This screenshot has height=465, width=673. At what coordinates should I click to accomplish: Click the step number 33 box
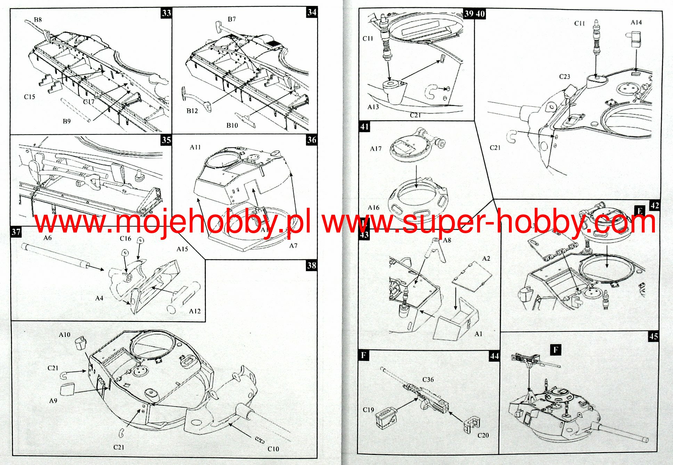click(x=167, y=13)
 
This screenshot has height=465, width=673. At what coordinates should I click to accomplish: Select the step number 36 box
click(x=311, y=140)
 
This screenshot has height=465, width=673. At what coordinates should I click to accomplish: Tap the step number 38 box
click(x=311, y=266)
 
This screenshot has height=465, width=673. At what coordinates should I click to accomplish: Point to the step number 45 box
click(x=654, y=336)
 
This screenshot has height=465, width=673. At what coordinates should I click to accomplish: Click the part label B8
click(x=38, y=19)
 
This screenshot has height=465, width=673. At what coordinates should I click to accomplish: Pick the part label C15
click(x=30, y=97)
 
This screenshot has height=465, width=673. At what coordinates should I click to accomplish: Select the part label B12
click(x=192, y=111)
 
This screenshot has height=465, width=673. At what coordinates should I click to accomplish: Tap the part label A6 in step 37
click(x=47, y=238)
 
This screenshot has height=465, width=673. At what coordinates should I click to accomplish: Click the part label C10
click(x=273, y=449)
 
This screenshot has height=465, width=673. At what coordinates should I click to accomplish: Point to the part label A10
click(x=64, y=335)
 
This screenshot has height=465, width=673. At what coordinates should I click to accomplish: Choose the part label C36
click(x=428, y=379)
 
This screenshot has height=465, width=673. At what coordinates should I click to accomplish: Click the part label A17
click(x=376, y=149)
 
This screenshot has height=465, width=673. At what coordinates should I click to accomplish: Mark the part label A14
click(x=636, y=23)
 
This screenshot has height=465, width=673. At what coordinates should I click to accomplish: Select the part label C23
click(x=565, y=77)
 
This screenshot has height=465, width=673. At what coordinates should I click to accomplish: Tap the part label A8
click(x=447, y=240)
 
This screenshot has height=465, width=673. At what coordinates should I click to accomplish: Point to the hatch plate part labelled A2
click(x=472, y=276)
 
